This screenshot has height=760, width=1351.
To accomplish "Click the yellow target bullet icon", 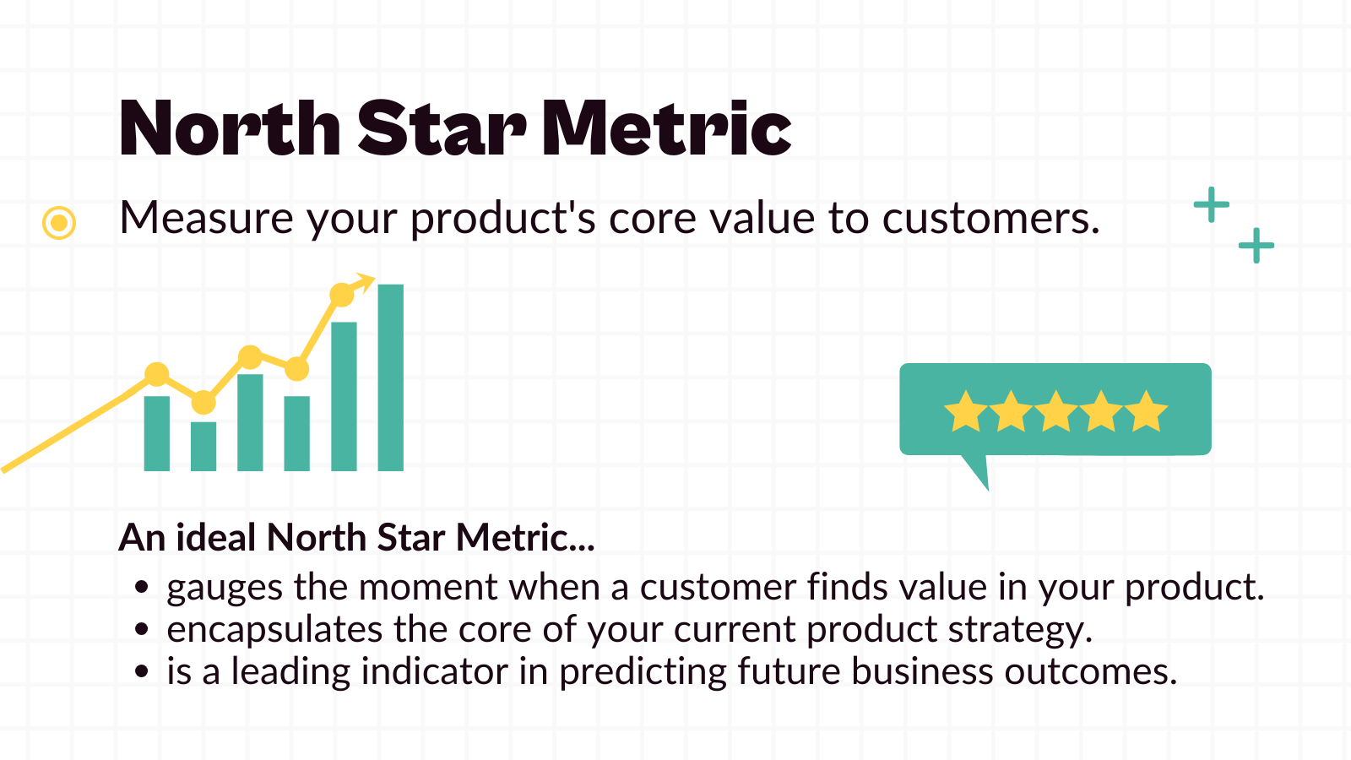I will (x=59, y=223).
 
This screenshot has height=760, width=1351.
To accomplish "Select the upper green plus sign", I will (x=1211, y=205).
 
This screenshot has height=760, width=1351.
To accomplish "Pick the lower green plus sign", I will (x=1256, y=246).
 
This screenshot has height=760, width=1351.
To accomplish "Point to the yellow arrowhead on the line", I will (x=365, y=281).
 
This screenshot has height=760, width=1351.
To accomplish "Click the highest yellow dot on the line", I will (x=342, y=296).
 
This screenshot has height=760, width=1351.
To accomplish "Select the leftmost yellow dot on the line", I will (x=157, y=374).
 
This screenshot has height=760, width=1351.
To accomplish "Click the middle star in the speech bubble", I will (x=1055, y=411).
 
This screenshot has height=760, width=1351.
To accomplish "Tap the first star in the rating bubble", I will (x=965, y=411).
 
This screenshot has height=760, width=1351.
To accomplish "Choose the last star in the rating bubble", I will (x=1146, y=411).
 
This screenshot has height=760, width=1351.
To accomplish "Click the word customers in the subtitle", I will (x=991, y=219).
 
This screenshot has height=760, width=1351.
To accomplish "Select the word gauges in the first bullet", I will (x=225, y=588).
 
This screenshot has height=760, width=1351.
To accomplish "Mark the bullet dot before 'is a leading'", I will (x=142, y=672).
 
